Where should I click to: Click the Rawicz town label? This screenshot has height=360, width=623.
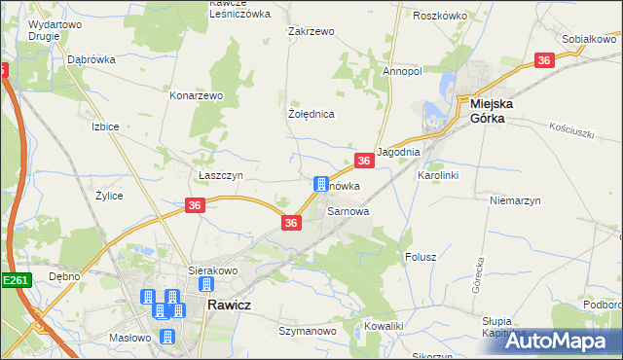[230, 305]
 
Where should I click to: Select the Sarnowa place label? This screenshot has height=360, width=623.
[348, 210]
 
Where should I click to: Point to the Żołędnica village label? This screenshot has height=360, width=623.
[311, 114]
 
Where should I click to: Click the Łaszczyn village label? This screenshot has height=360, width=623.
[213, 175]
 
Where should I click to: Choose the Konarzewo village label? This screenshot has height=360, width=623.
[197, 96]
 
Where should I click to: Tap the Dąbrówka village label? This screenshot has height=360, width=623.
[92, 59]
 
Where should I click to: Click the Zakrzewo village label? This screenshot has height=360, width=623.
[311, 31]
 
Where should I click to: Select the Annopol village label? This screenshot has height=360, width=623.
[402, 71]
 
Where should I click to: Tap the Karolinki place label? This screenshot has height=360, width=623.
[437, 175]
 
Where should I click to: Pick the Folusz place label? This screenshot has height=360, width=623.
[420, 258]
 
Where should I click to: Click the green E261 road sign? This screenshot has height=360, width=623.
[17, 280]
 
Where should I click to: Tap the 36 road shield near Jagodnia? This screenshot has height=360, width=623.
[363, 161]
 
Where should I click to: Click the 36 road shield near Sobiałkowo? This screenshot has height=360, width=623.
[544, 60]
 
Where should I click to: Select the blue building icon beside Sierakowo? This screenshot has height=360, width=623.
[205, 285]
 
